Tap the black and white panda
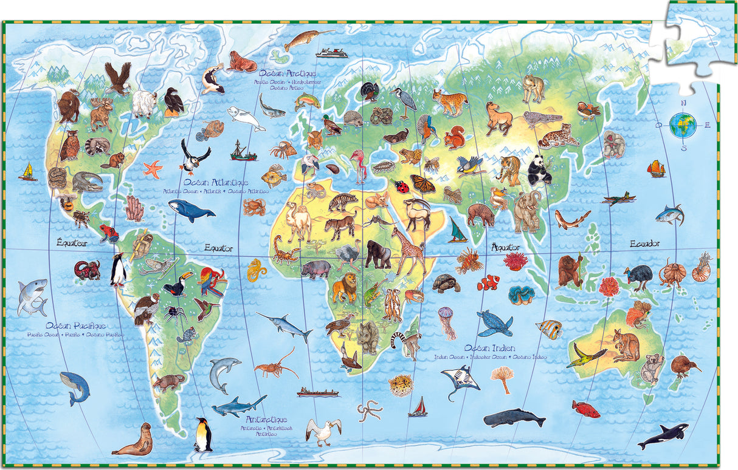pyautogui.click(x=539, y=171)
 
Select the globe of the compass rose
pyautogui.click(x=683, y=125)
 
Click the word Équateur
pyautogui.click(x=72, y=243)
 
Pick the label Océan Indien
pyautogui.click(x=489, y=348)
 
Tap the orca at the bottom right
pyautogui.click(x=664, y=435)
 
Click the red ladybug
pyautogui.click(x=402, y=186)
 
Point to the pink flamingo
pyautogui.click(x=358, y=165)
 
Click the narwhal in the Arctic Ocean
pyautogui.click(x=307, y=39)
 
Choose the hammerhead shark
pyautogui.click(x=238, y=406)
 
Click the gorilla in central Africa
pyautogui.click(x=378, y=254)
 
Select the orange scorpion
pyautogui.click(x=285, y=250)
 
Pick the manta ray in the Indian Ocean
pyautogui.click(x=460, y=380)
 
